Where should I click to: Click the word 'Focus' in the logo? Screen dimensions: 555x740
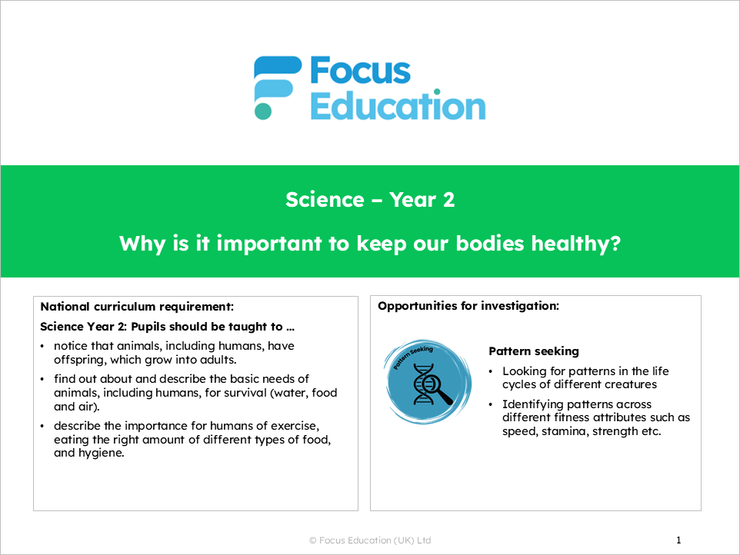pyautogui.click(x=360, y=71)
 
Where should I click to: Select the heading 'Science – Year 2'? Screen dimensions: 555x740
pyautogui.click(x=370, y=200)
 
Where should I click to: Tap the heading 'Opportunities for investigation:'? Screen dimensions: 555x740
pyautogui.click(x=468, y=306)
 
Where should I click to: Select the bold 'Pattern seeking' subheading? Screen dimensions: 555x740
pyautogui.click(x=533, y=351)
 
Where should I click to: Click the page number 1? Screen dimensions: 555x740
pyautogui.click(x=678, y=540)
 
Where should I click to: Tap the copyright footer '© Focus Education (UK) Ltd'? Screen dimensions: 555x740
pyautogui.click(x=370, y=540)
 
